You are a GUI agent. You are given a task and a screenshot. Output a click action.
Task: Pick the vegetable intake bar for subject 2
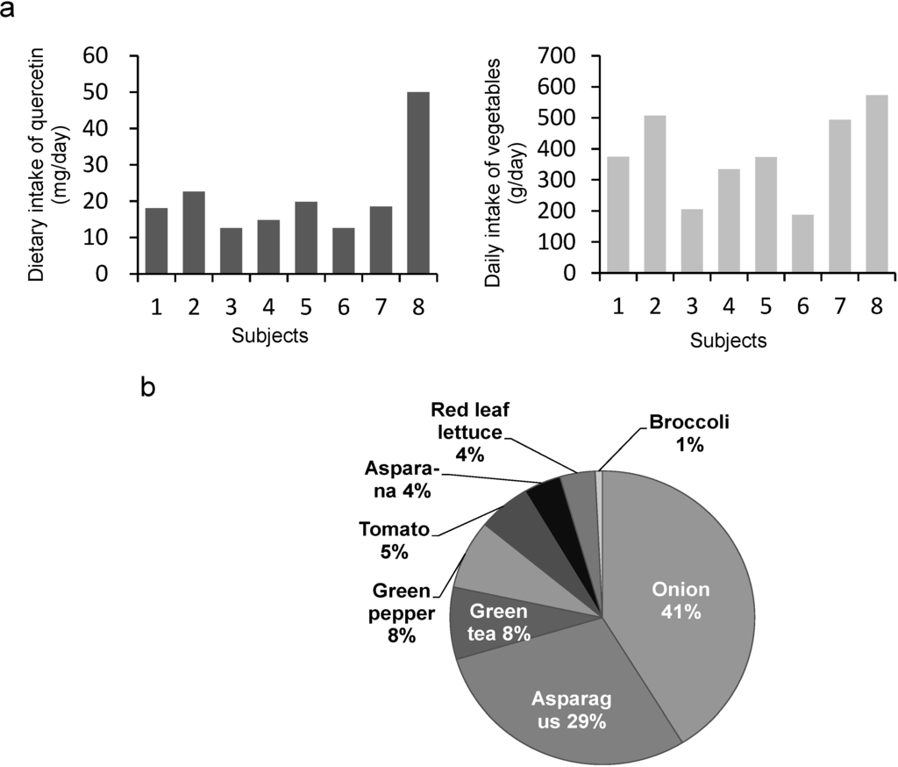pyautogui.click(x=655, y=194)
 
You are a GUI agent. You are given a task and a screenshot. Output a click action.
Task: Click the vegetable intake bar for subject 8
pyautogui.click(x=876, y=183)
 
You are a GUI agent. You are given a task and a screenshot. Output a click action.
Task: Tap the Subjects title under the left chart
pyautogui.click(x=269, y=335)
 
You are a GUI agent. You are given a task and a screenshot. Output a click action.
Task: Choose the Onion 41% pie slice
pyautogui.click(x=675, y=597)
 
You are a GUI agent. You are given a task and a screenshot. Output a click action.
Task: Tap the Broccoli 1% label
pyautogui.click(x=689, y=434)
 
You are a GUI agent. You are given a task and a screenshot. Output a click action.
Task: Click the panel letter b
pyautogui.click(x=148, y=387)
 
